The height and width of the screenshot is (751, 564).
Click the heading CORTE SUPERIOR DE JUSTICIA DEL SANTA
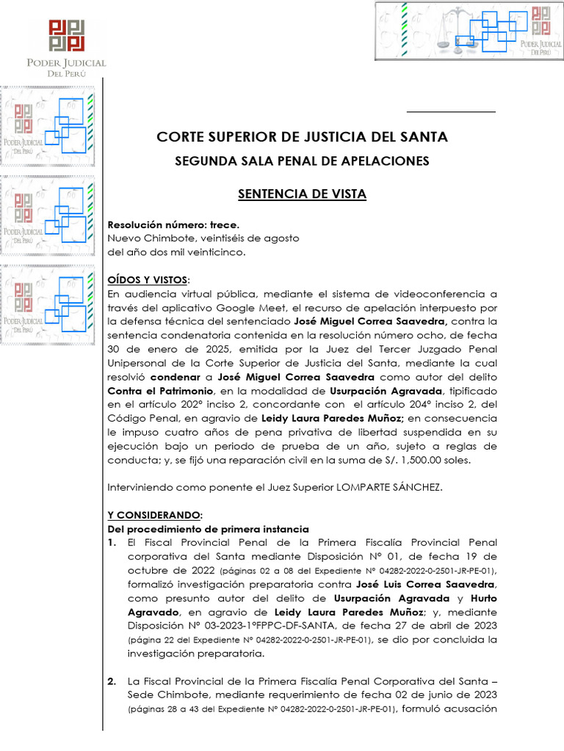(302, 137)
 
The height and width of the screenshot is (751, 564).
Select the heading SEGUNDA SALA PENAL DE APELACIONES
(302, 161)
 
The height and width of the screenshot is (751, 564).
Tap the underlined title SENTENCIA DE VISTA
(302, 194)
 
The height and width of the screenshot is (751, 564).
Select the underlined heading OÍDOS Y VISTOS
(148, 280)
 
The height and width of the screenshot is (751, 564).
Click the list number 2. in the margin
(112, 681)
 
